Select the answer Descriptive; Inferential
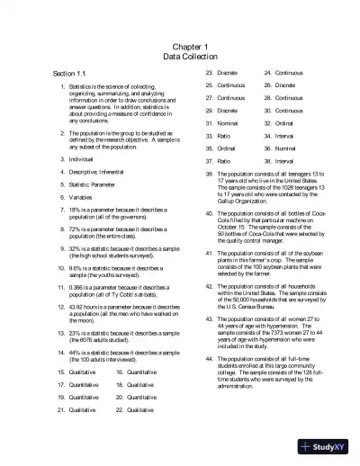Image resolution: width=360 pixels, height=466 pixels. coord(100,171)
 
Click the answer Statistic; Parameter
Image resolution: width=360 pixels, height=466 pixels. coord(95,184)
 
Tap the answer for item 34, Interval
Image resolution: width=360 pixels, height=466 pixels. coord(290,134)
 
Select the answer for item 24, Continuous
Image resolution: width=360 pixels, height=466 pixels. coord(293,71)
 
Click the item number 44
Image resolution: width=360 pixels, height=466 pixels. coord(210,358)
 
